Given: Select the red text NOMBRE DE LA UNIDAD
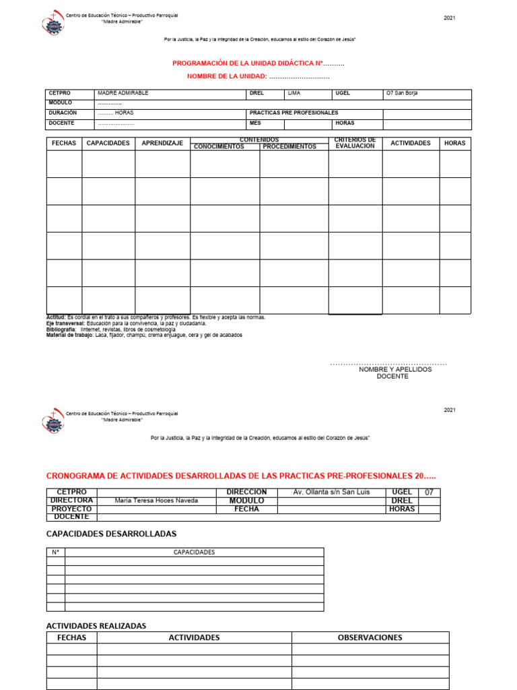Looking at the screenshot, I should click(227, 76).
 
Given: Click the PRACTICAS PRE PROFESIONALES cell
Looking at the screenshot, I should click(294, 113).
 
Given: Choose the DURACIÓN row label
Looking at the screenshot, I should click(63, 113).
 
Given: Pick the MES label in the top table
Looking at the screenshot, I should click(255, 123).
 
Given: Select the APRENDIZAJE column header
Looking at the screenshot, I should click(162, 144).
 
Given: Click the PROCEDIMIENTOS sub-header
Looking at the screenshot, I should click(289, 147).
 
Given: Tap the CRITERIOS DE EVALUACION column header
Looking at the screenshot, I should click(355, 143).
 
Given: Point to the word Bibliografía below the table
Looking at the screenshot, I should click(61, 329).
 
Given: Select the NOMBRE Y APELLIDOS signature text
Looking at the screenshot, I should click(395, 369).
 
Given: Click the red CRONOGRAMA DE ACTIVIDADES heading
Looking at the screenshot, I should click(236, 476).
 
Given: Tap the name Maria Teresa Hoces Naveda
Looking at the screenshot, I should click(156, 501).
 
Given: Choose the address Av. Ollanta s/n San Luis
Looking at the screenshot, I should click(332, 492).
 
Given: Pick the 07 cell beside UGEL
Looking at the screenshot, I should click(429, 493).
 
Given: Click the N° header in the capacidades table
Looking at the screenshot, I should click(56, 552).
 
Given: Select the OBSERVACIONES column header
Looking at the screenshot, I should click(370, 637).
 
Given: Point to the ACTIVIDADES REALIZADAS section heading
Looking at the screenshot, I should click(96, 626).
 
